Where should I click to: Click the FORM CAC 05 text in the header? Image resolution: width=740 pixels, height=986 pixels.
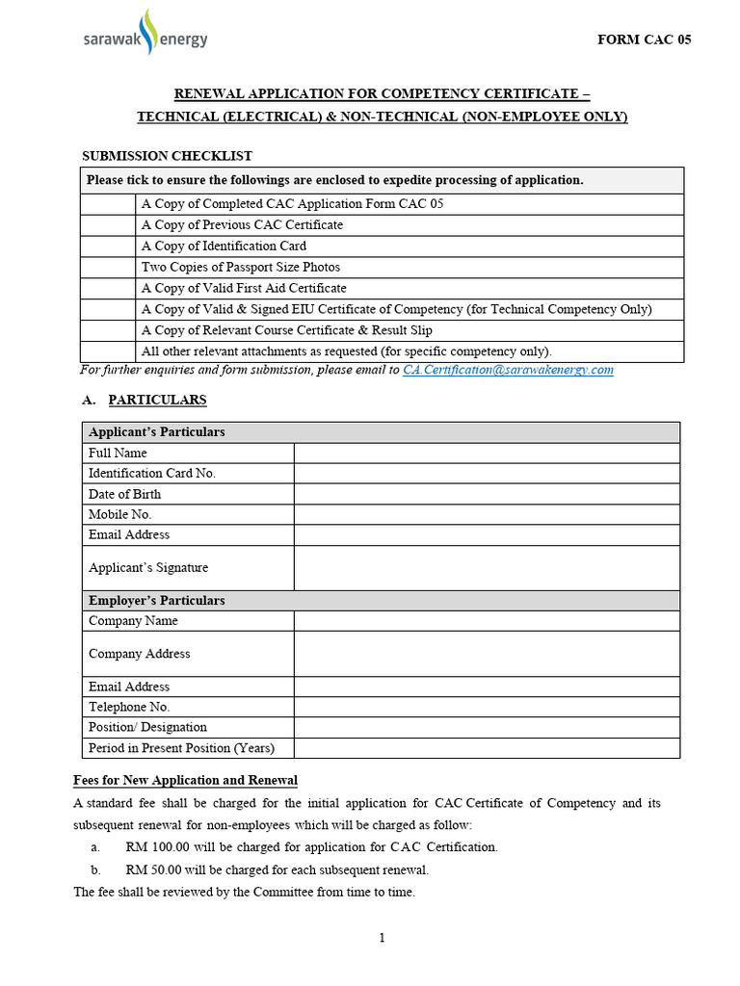point(645,39)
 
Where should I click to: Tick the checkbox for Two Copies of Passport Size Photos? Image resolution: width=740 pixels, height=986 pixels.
point(108,267)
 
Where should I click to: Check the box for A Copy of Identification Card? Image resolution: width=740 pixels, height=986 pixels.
point(108,246)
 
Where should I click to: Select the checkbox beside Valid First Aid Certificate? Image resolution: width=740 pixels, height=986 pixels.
point(108,288)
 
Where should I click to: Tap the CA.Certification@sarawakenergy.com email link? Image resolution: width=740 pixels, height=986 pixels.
point(508,370)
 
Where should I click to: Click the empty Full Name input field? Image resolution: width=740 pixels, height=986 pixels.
point(487,453)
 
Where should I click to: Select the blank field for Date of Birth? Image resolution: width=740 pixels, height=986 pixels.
point(487,494)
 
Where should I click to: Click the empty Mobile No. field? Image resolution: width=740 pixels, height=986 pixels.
point(487,514)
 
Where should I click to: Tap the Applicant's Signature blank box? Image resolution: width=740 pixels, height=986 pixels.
point(487,568)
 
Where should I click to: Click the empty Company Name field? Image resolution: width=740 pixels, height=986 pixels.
point(487,621)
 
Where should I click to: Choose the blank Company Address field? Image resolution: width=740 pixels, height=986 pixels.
point(487,654)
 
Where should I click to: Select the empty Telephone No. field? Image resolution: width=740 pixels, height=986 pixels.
point(487,707)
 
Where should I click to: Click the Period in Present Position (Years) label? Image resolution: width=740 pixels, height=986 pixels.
point(181,748)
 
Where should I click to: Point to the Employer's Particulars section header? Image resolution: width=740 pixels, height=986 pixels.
point(156,601)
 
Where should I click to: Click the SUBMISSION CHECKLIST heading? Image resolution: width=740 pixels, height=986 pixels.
point(167,156)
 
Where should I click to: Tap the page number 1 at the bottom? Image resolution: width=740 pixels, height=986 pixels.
point(383,939)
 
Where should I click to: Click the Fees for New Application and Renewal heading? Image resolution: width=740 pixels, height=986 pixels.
point(185,780)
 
